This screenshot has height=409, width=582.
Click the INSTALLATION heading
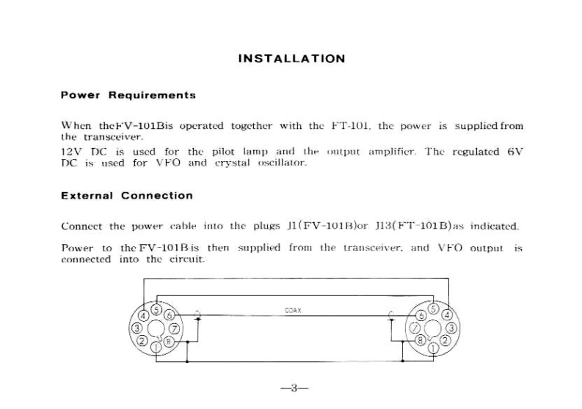point(291,59)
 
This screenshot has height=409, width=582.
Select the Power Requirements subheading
point(128,95)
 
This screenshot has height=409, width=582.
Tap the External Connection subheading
point(127,196)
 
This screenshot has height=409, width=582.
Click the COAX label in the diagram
point(294,311)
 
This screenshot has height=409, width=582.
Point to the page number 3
point(291,388)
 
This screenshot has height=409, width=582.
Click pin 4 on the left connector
point(145,315)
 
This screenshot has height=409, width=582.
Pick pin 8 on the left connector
point(170,341)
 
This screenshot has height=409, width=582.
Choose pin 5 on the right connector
point(433,309)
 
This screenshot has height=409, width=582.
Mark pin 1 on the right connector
point(434,346)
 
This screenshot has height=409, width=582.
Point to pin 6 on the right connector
point(420,316)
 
